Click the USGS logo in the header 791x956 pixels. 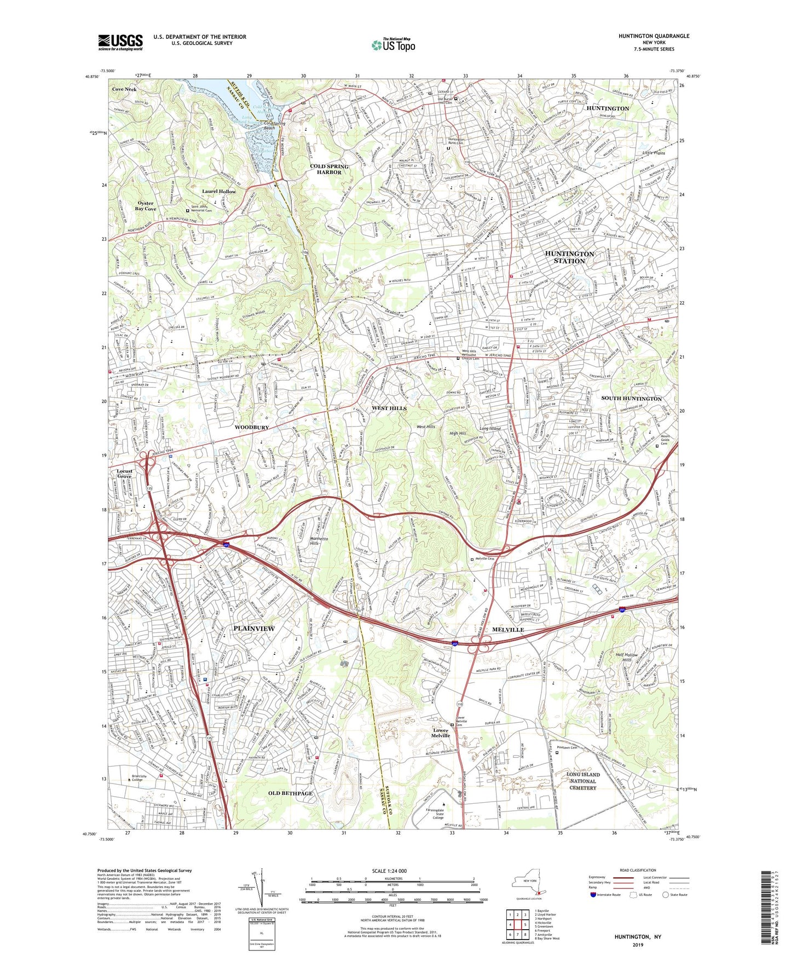pyautogui.click(x=120, y=42)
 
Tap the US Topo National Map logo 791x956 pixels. pyautogui.click(x=392, y=45)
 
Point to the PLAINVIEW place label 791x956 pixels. pyautogui.click(x=254, y=629)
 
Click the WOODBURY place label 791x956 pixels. pyautogui.click(x=252, y=427)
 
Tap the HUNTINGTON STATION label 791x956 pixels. pyautogui.click(x=569, y=257)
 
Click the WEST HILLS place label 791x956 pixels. pyautogui.click(x=389, y=408)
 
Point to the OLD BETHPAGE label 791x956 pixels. pyautogui.click(x=290, y=793)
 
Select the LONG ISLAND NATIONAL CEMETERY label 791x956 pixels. pyautogui.click(x=583, y=781)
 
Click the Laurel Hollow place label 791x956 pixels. pyautogui.click(x=219, y=192)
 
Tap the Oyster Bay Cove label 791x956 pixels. pyautogui.click(x=146, y=206)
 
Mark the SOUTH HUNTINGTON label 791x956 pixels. pyautogui.click(x=632, y=399)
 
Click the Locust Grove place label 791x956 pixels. pyautogui.click(x=124, y=474)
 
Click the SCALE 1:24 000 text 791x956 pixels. pyautogui.click(x=389, y=871)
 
